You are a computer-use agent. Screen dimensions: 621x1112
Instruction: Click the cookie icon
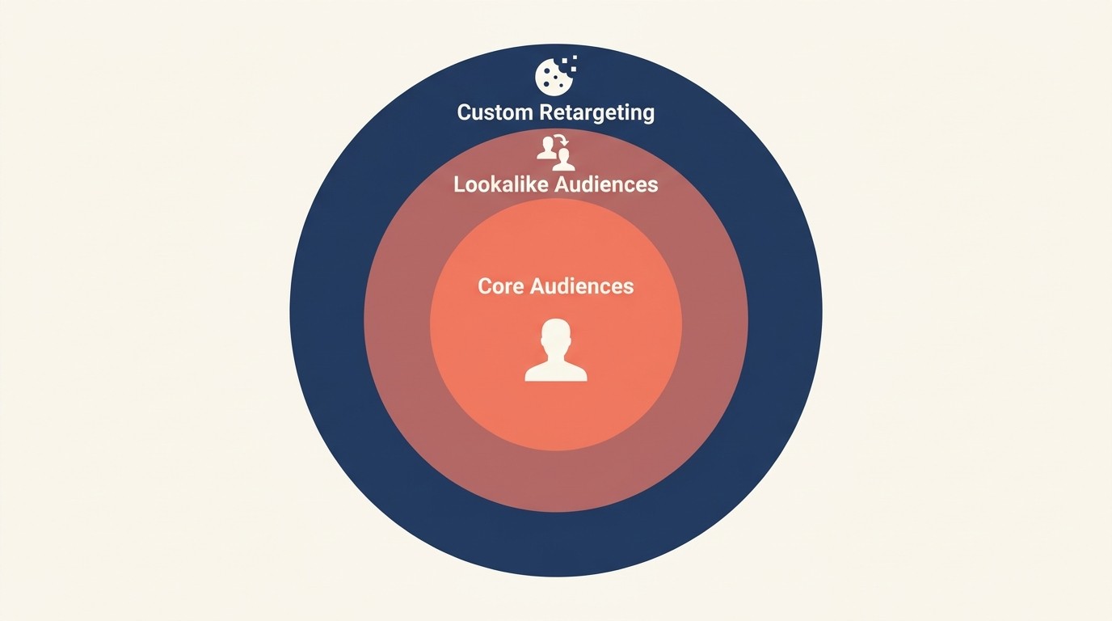[554, 77]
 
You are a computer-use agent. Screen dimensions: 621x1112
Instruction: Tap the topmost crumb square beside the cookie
[574, 58]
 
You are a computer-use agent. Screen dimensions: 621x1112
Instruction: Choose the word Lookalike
[499, 184]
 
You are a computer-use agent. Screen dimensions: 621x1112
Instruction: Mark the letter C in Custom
[464, 112]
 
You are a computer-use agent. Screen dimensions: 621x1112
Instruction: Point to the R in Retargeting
[545, 112]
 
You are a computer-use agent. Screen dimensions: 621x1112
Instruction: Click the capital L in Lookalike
[458, 184]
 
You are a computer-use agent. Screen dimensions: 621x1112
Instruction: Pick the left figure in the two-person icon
[547, 148]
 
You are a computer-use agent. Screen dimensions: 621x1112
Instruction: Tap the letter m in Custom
[523, 113]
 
